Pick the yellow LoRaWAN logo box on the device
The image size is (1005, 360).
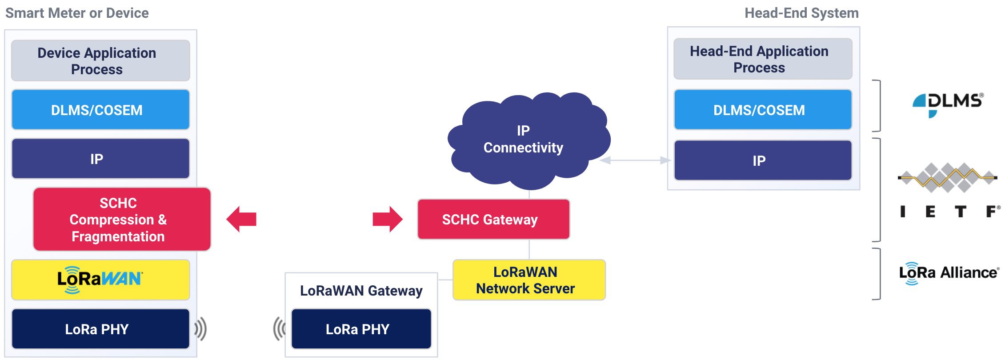click(x=100, y=280)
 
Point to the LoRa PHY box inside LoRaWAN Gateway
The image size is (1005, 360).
click(x=361, y=329)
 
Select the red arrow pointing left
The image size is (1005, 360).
click(x=241, y=219)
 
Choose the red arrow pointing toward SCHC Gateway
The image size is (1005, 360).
click(x=388, y=219)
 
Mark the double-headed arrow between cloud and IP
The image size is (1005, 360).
click(x=635, y=160)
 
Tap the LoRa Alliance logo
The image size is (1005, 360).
click(x=949, y=272)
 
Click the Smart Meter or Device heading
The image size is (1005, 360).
click(x=77, y=13)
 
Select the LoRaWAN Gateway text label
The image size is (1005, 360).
click(x=361, y=291)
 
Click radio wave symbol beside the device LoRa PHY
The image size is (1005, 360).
click(x=200, y=329)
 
